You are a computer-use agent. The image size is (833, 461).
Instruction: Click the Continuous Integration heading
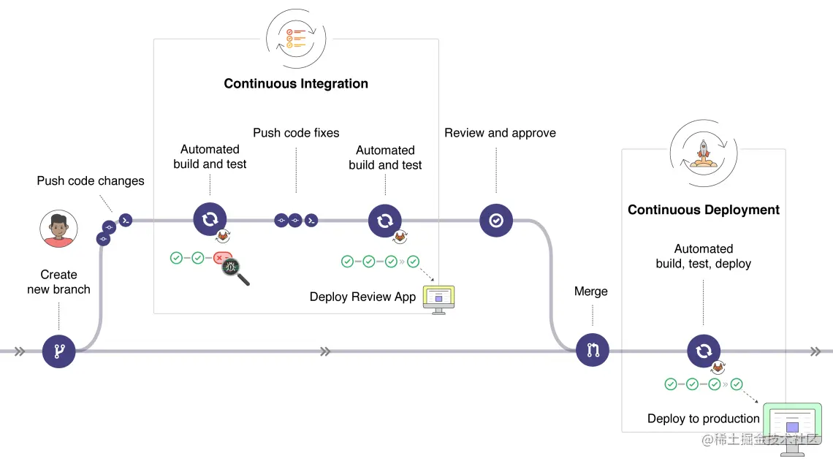[296, 83]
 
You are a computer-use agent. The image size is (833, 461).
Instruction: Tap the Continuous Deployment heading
[703, 210]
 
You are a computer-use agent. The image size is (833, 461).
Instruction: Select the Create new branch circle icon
[59, 351]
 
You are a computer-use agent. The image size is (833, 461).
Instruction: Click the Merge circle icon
[592, 351]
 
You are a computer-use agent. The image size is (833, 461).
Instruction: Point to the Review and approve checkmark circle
[496, 220]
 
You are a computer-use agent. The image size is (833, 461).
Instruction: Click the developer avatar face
[58, 229]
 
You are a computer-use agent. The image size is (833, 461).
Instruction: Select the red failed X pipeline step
[220, 258]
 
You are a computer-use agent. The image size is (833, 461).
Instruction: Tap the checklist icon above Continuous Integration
[296, 39]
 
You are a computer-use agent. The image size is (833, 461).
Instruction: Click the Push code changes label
[91, 180]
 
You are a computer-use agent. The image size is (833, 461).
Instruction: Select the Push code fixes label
[296, 132]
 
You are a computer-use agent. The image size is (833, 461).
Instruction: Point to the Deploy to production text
[703, 419]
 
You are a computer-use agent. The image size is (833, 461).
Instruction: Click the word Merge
[590, 292]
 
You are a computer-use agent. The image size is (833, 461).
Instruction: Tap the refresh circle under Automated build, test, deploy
[703, 351]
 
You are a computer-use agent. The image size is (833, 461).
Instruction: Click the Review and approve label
[500, 133]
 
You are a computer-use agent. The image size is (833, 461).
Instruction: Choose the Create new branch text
[58, 282]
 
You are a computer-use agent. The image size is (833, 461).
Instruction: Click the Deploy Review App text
[362, 297]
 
